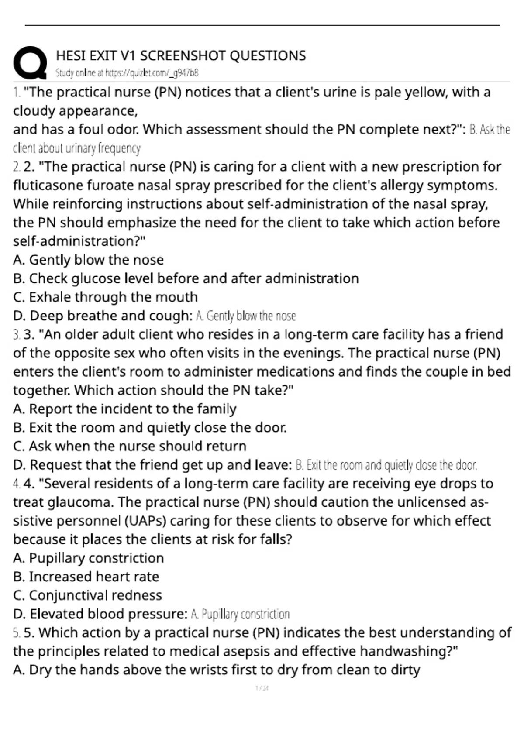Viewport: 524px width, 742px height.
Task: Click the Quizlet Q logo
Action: pyautogui.click(x=30, y=63)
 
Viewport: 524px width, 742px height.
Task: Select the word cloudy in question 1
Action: pyautogui.click(x=34, y=111)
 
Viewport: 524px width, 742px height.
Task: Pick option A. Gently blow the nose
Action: pyautogui.click(x=88, y=260)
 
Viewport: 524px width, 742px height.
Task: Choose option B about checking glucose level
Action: pyautogui.click(x=186, y=278)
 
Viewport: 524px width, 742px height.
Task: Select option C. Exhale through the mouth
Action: pyautogui.click(x=105, y=297)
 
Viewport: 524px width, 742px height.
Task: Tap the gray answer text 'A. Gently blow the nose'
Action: pyautogui.click(x=246, y=316)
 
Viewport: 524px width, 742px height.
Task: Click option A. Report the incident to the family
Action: pyautogui.click(x=124, y=409)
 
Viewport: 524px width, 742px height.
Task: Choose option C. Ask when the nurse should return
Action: pyautogui.click(x=130, y=446)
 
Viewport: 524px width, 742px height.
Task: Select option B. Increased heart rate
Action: pyautogui.click(x=86, y=577)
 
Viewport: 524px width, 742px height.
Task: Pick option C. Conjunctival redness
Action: pyautogui.click(x=87, y=595)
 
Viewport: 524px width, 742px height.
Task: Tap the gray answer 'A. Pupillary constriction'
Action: pyautogui.click(x=240, y=614)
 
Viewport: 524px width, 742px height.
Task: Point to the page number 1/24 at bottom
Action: pyautogui.click(x=262, y=688)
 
